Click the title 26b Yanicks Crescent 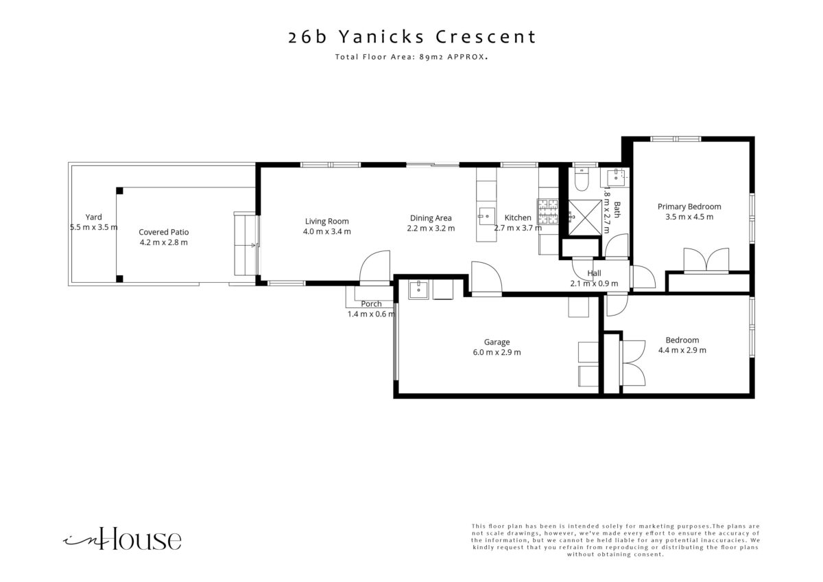[x=412, y=37]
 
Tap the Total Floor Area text [x=411, y=57]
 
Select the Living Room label [x=326, y=221]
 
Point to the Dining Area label [x=431, y=218]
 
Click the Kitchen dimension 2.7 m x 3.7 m [x=518, y=228]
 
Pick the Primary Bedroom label [x=689, y=207]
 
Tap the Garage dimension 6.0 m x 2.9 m [x=497, y=352]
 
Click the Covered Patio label [x=163, y=232]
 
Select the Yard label [x=94, y=217]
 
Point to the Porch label [x=371, y=303]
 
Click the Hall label [x=594, y=273]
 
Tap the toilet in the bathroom [x=582, y=179]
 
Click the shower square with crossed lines [x=585, y=218]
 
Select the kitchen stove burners [x=548, y=212]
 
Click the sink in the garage [x=418, y=290]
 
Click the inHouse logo [x=122, y=539]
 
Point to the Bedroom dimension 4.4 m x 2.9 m [x=682, y=351]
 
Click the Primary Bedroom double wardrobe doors [x=706, y=260]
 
